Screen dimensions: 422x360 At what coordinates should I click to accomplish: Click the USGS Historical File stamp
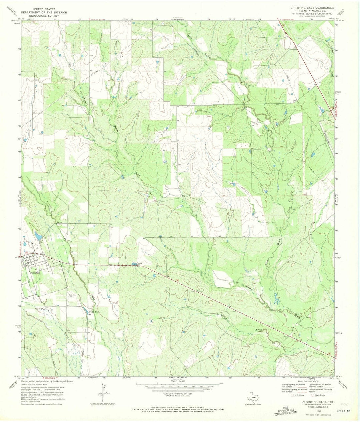pos(285,412)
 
